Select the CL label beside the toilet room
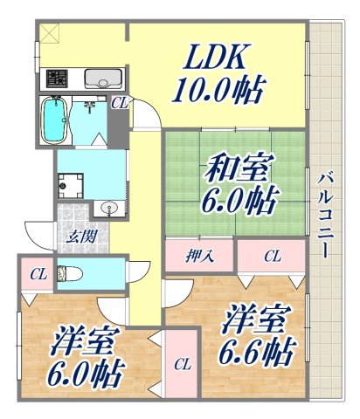pyautogui.click(x=37, y=275)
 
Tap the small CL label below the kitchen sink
pyautogui.click(x=119, y=103)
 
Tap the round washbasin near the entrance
pyautogui.click(x=107, y=208)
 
